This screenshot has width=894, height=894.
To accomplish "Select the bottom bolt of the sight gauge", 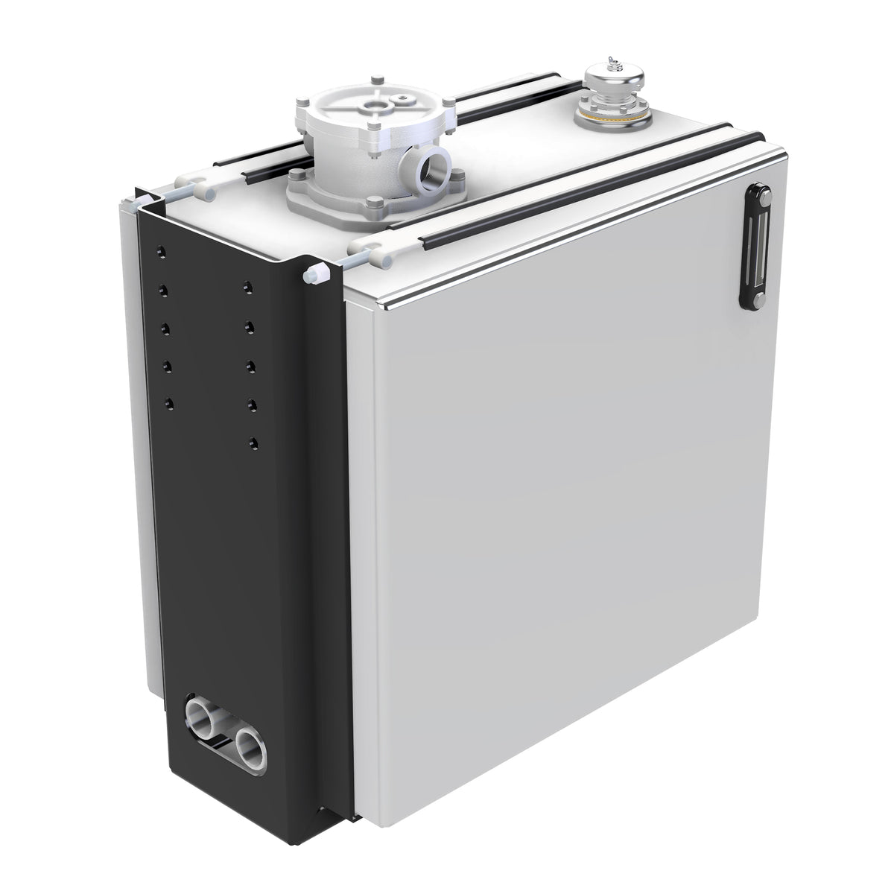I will pyautogui.click(x=752, y=300).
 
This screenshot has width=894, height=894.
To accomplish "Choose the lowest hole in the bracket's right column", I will pyautogui.click(x=255, y=443).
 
